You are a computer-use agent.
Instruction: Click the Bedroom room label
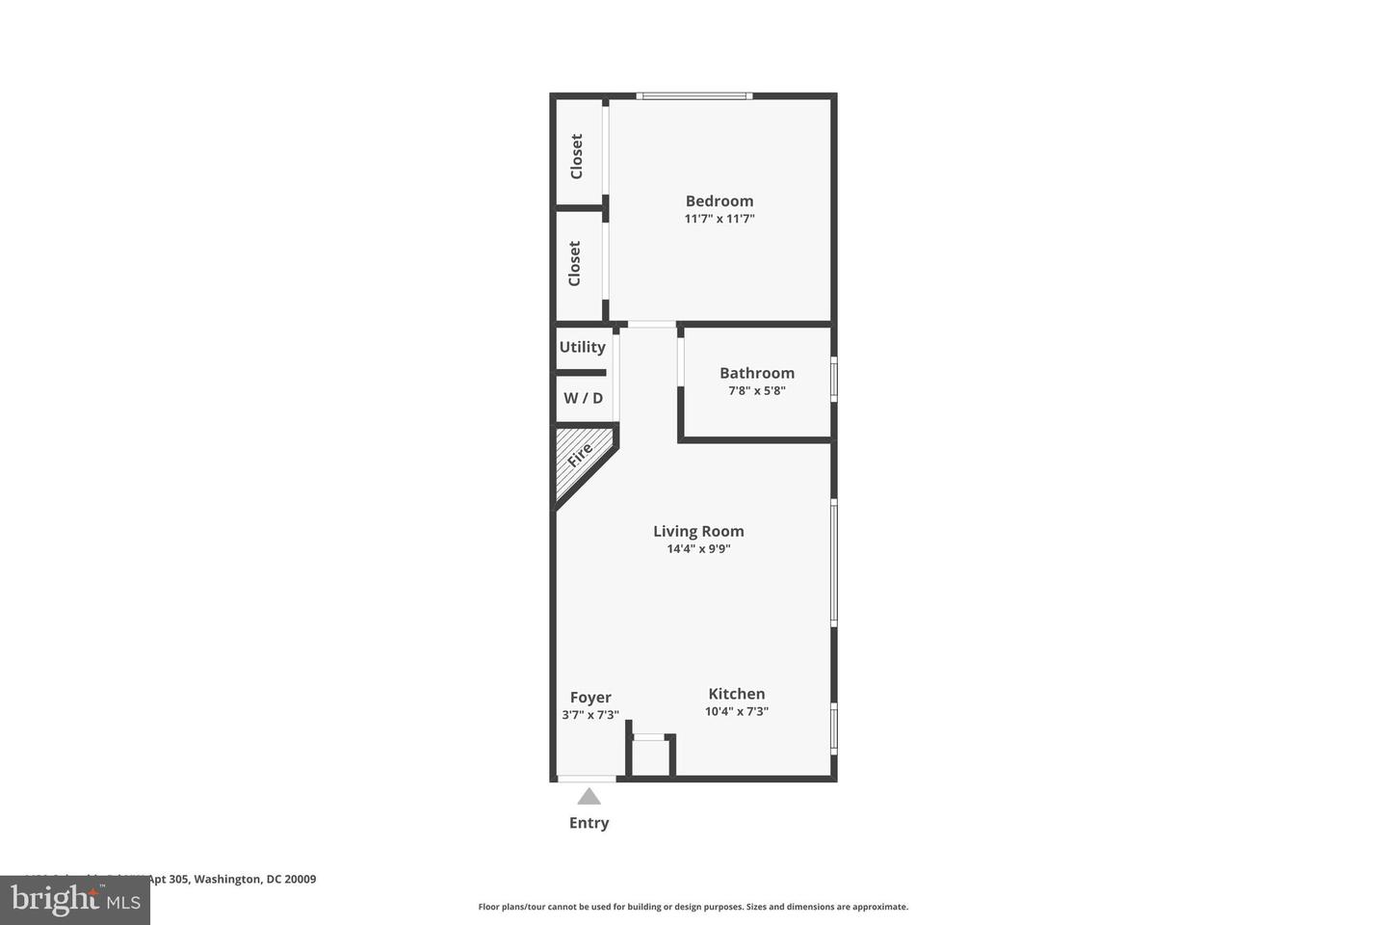coord(720,201)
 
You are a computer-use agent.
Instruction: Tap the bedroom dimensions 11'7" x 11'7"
coord(720,219)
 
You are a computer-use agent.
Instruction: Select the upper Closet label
coord(577,156)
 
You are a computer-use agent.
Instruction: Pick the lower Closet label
coord(575,263)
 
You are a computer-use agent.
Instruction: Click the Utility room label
coord(583,347)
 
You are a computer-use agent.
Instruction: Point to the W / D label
coord(583,398)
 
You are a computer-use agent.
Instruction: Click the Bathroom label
coord(757,373)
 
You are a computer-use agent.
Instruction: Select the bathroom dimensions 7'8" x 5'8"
coord(757,391)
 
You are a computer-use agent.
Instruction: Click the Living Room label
coord(698,531)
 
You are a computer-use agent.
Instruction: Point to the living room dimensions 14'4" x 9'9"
coord(698,549)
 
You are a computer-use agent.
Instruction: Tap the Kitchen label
coord(737,694)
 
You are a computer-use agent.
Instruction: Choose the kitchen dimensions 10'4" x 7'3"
coord(737,712)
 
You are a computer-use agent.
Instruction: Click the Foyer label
coord(590,698)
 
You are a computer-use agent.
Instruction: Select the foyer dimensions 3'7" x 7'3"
coord(590,715)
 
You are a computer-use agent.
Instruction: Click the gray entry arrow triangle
coord(589,797)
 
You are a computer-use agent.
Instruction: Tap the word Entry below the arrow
coord(589,823)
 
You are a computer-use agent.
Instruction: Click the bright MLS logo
coord(75,900)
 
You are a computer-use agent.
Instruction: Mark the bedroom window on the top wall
coord(694,95)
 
